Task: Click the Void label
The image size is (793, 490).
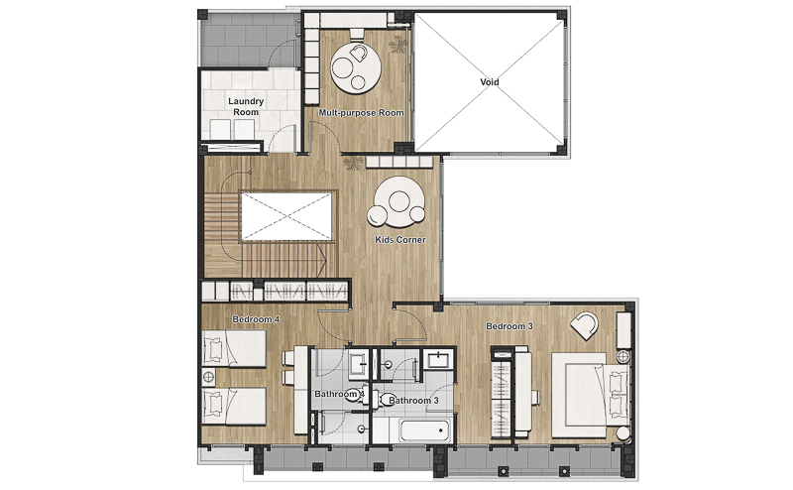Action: (x=489, y=82)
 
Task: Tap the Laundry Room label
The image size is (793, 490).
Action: (x=246, y=106)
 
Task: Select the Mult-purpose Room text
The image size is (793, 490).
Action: (x=361, y=112)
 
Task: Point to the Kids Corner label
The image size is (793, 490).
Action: (x=400, y=239)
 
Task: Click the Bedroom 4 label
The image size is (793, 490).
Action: (x=256, y=319)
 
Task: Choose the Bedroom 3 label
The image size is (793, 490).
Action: (x=510, y=326)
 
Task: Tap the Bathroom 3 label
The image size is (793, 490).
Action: (x=413, y=401)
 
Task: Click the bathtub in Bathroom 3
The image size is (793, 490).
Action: (x=425, y=430)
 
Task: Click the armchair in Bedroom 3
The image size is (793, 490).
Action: (x=585, y=325)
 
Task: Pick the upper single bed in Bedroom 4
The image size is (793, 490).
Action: (x=234, y=349)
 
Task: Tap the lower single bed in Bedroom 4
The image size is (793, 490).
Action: (x=234, y=406)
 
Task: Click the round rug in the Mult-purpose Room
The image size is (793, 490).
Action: (x=356, y=67)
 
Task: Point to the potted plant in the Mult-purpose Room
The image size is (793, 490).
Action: (x=398, y=46)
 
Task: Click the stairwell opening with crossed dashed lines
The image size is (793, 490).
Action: (x=286, y=216)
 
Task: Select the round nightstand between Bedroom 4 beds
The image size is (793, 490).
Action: (x=208, y=377)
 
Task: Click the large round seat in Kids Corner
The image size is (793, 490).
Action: (x=399, y=201)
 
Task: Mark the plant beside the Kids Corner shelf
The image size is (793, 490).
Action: (x=353, y=163)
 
